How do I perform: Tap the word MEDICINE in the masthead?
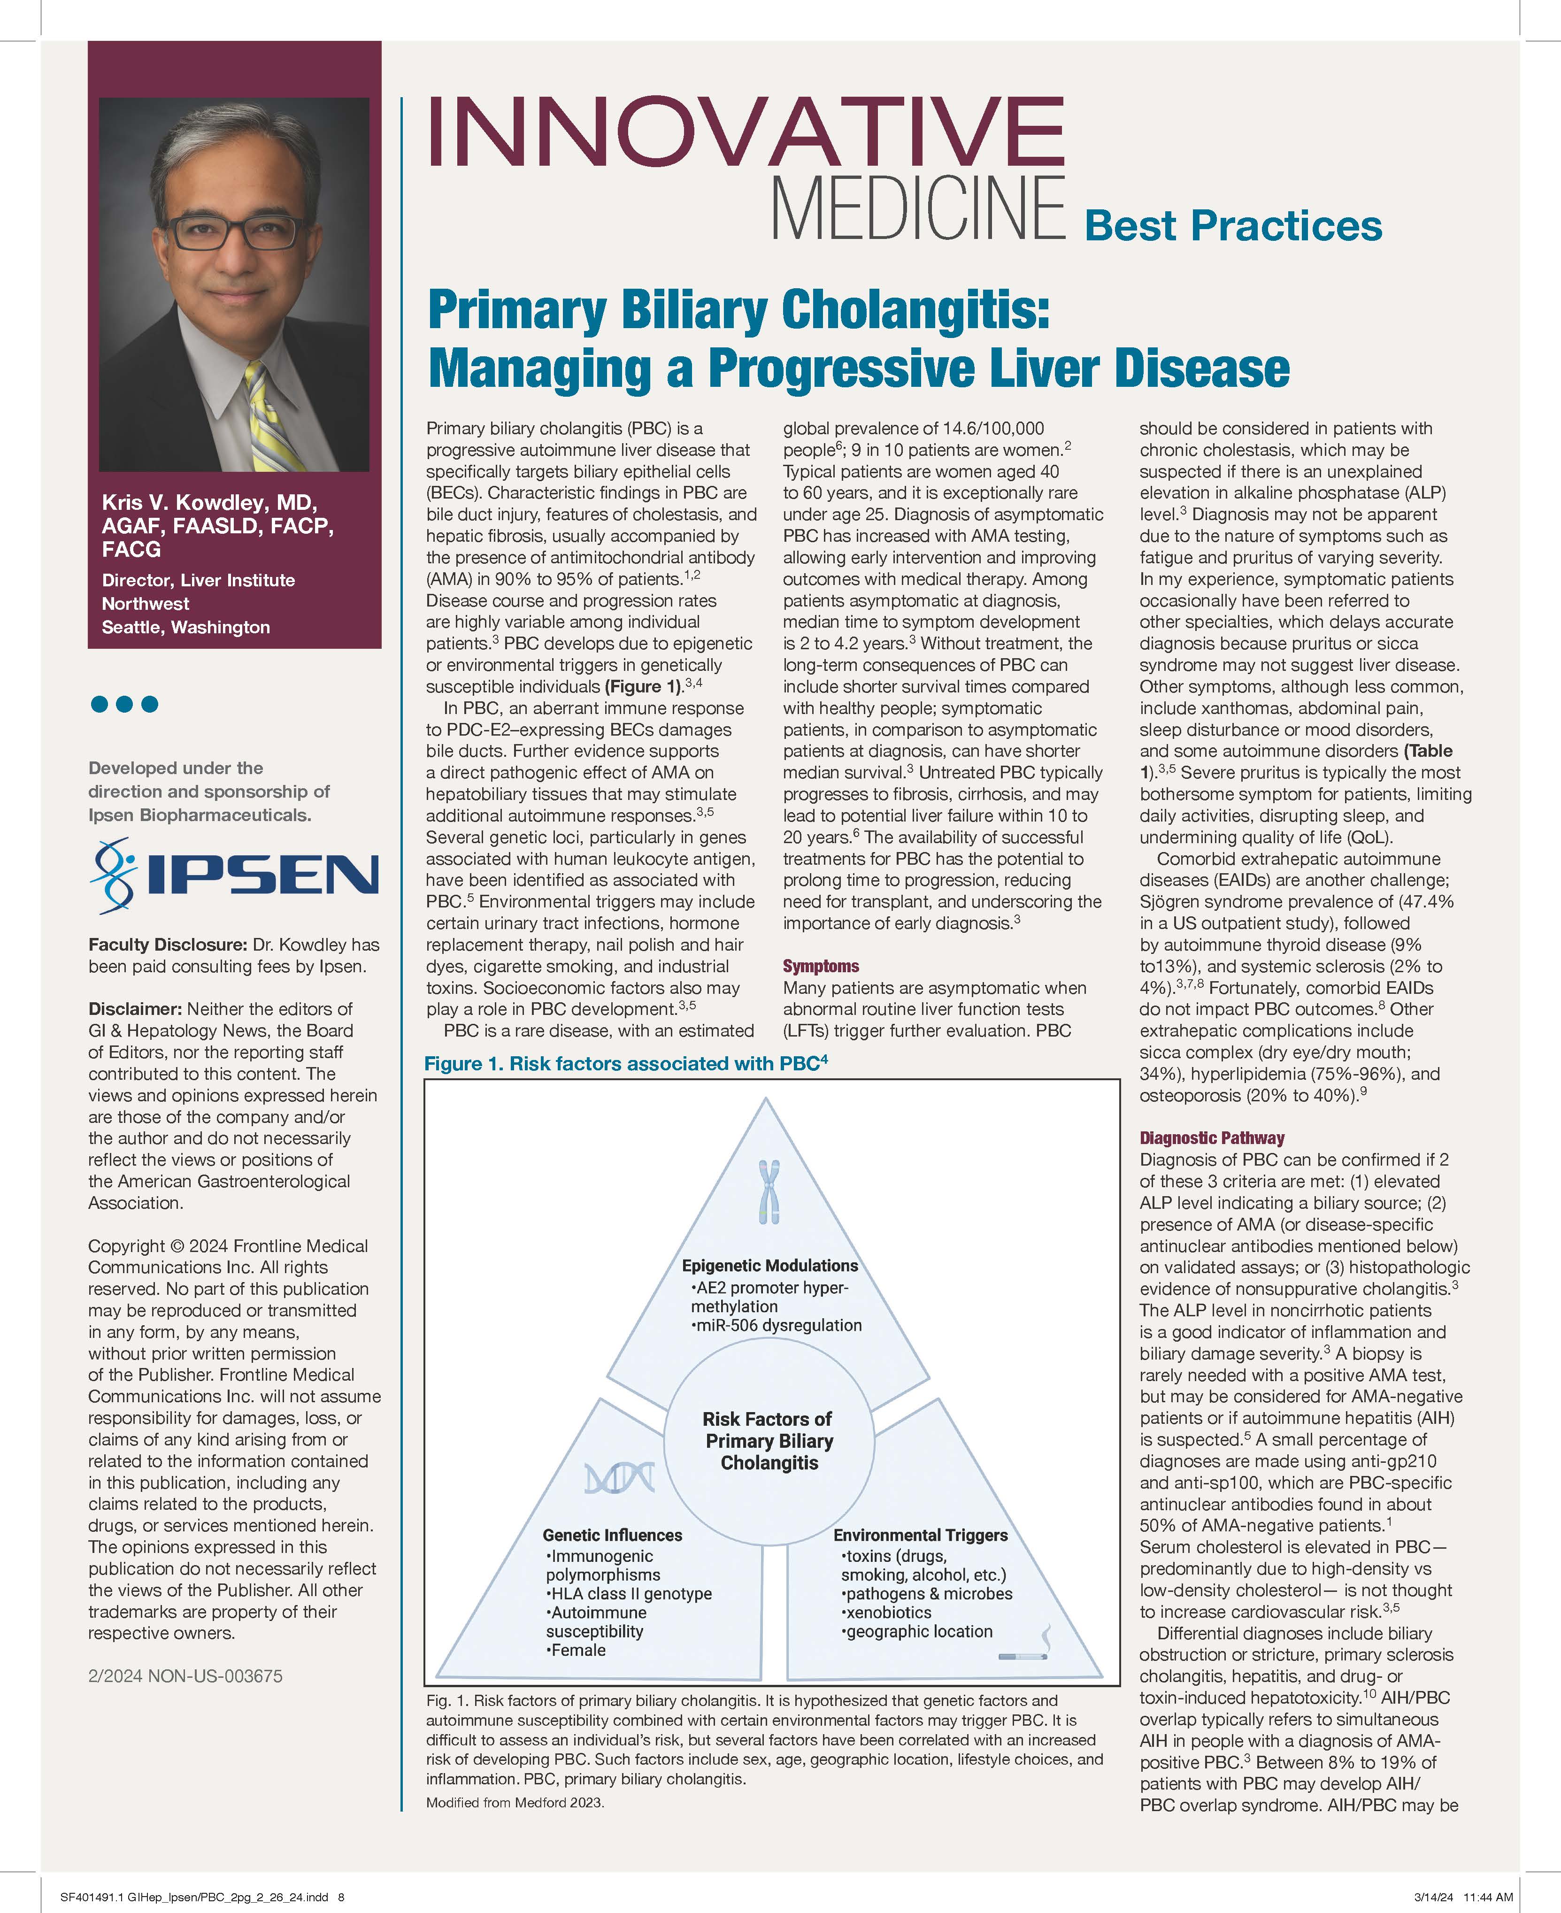[917, 208]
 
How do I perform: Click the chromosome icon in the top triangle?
[769, 1192]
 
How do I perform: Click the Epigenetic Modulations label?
[770, 1266]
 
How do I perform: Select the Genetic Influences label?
[612, 1536]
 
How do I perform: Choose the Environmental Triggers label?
[920, 1536]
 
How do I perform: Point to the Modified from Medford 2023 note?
[515, 1802]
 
